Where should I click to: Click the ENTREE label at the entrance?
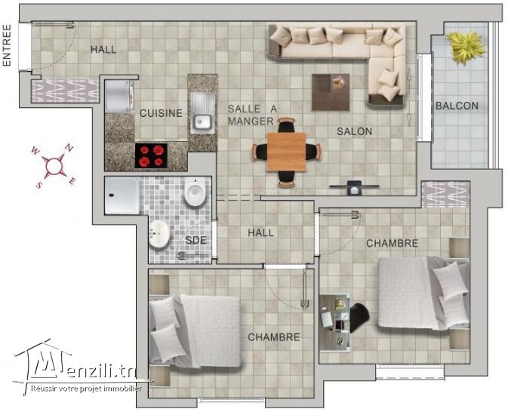click(x=8, y=46)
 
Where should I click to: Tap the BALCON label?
click(x=457, y=106)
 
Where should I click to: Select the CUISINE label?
click(x=160, y=113)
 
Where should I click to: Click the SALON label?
click(x=354, y=131)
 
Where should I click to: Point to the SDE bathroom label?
click(x=195, y=241)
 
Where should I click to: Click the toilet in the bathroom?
click(x=195, y=193)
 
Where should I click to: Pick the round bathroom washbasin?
click(x=160, y=234)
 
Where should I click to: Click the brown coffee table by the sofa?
click(x=331, y=91)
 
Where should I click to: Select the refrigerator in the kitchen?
click(x=119, y=95)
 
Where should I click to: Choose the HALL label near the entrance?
click(x=103, y=50)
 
